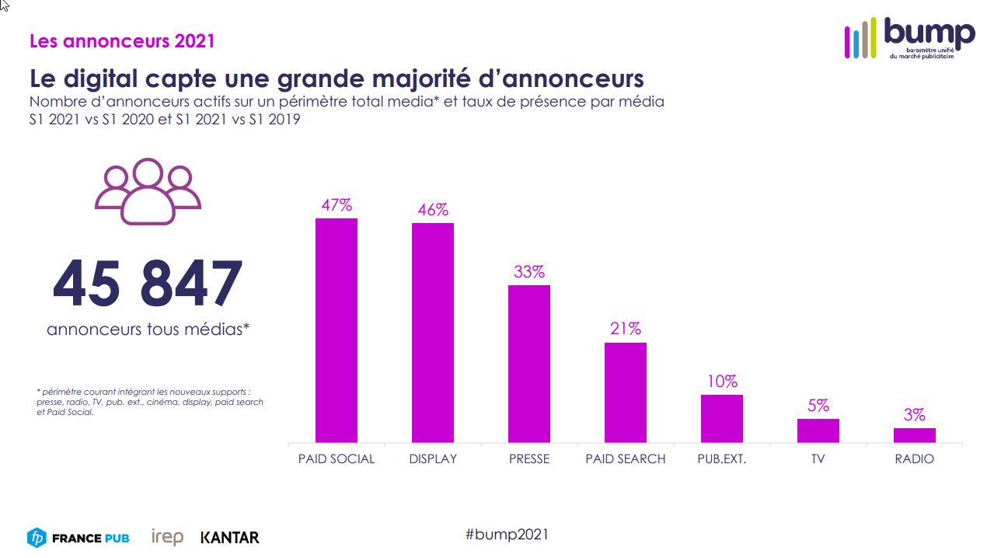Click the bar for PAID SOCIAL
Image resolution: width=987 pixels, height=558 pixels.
click(x=336, y=330)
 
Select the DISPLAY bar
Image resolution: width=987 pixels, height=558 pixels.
click(x=433, y=333)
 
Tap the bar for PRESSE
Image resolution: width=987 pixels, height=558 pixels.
click(x=529, y=364)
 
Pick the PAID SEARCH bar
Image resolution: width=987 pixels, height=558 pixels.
click(x=626, y=392)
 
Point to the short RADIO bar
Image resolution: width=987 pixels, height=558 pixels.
click(x=915, y=435)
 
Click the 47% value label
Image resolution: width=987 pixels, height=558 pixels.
click(x=337, y=205)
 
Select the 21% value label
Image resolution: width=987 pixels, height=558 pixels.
click(x=626, y=329)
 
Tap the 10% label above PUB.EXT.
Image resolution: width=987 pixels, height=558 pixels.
click(x=722, y=382)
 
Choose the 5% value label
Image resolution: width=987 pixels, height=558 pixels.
click(x=818, y=406)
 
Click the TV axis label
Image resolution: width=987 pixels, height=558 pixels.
click(x=818, y=459)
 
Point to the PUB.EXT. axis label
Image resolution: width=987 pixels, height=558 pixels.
click(x=722, y=459)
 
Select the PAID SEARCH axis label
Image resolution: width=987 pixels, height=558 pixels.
click(x=626, y=459)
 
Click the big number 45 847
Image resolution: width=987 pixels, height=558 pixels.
click(x=148, y=284)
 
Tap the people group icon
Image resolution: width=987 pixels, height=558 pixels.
click(x=148, y=191)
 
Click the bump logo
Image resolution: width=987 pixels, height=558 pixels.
click(x=909, y=38)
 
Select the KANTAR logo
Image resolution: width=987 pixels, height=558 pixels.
click(x=230, y=537)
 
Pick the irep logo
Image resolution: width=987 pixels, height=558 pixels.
click(x=167, y=536)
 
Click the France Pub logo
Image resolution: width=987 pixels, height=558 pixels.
click(x=78, y=537)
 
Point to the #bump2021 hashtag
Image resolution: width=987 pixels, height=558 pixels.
click(x=507, y=534)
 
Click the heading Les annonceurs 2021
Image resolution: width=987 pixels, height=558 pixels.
click(x=122, y=40)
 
